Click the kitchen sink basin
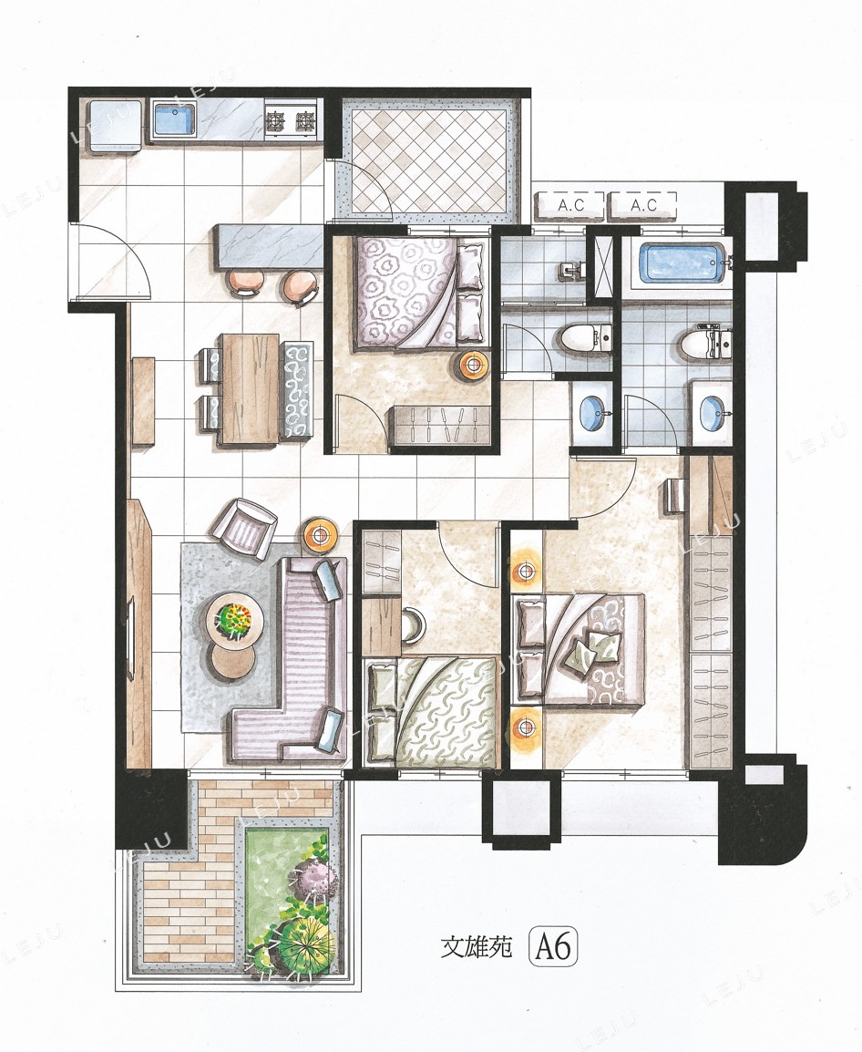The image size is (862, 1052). pyautogui.click(x=174, y=120)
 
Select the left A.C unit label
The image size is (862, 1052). pyautogui.click(x=570, y=206)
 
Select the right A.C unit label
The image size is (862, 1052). pyautogui.click(x=643, y=206)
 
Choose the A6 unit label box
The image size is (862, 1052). pyautogui.click(x=554, y=947)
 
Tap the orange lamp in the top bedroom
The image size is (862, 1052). pyautogui.click(x=474, y=366)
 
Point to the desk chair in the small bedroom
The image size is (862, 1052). pyautogui.click(x=413, y=625)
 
